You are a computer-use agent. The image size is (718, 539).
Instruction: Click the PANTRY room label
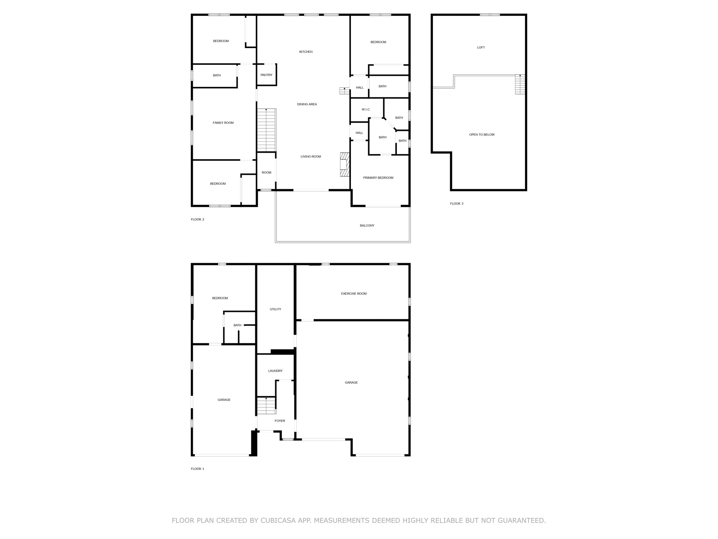(266, 75)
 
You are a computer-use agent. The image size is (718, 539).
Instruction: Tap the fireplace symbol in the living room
(344, 164)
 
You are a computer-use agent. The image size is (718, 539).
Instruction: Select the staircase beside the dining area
(266, 130)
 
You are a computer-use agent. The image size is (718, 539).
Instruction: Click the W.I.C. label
(366, 110)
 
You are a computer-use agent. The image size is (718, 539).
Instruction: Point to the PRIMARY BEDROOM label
(378, 178)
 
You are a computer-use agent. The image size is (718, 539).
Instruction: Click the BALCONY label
(367, 226)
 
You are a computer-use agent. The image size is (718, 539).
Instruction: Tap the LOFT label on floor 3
(481, 48)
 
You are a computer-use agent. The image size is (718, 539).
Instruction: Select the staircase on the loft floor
(520, 85)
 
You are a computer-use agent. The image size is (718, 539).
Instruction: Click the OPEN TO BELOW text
(482, 135)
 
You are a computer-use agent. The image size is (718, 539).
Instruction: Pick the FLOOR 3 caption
(456, 204)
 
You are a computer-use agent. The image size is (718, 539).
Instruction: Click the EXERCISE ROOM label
(354, 294)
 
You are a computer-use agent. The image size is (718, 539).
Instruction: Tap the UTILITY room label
(275, 310)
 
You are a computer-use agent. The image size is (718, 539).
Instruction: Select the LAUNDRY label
(275, 371)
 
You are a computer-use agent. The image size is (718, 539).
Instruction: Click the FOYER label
(280, 421)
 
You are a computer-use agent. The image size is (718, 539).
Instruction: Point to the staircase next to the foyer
(266, 405)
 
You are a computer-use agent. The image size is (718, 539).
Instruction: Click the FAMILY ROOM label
(223, 123)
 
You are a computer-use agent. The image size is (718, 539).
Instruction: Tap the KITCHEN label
(306, 52)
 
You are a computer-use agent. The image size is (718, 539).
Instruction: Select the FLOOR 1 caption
(197, 469)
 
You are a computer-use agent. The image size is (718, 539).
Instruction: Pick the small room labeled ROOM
(266, 173)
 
